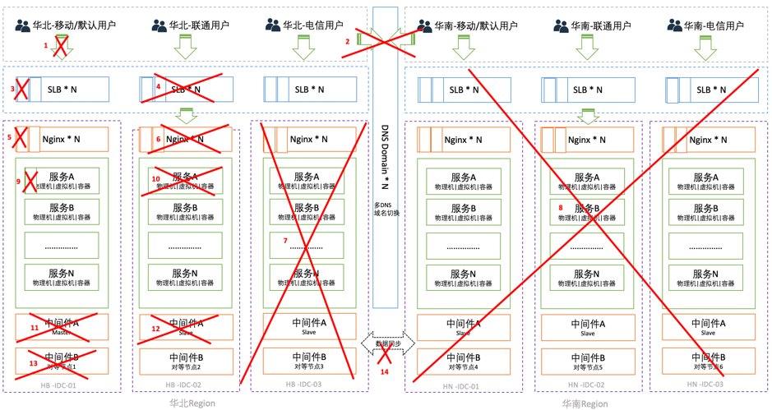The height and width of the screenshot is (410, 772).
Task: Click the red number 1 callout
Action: pos(46,46)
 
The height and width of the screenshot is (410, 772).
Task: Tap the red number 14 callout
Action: pos(384,372)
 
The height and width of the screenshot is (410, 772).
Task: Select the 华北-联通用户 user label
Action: pos(199,25)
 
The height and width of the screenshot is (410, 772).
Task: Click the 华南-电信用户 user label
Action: pos(713,25)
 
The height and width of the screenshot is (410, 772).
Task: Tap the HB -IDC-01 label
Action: pos(58,385)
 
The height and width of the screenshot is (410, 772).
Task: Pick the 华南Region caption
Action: pos(585,403)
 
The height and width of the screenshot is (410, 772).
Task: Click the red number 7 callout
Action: pos(285,241)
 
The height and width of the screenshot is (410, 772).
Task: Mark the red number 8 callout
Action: pos(561,209)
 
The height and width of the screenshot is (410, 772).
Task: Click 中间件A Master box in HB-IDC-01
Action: pos(62,327)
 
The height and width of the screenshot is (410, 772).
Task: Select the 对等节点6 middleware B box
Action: pos(708,361)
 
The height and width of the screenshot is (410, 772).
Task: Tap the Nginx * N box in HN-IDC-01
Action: pos(464,140)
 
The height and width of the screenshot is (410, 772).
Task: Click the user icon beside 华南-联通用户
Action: pos(561,26)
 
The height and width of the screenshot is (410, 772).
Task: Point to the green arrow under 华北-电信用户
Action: pos(304,48)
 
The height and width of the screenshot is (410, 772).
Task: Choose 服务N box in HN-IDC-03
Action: pos(708,278)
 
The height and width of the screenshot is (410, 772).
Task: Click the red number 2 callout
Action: pos(347,41)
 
